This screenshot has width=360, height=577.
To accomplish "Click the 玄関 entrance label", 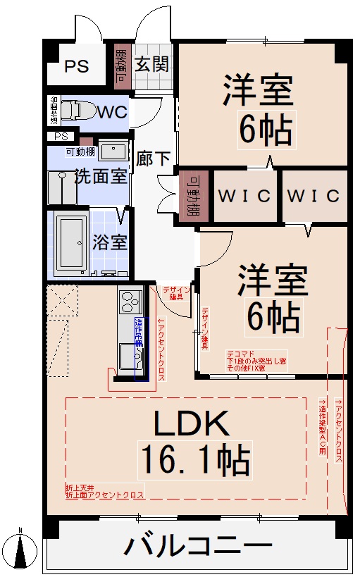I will pos(151,65).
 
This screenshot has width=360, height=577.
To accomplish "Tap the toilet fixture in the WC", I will pos(75,111).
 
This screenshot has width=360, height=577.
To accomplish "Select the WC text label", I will pos(112,112).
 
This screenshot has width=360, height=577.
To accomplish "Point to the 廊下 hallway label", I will pos(154,159).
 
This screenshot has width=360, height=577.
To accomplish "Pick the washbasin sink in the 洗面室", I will pos(113,150).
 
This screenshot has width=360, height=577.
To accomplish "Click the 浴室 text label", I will pos(110,242).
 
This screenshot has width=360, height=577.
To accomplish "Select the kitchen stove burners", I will pos(131,302).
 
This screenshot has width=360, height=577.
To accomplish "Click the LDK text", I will pos(192,424).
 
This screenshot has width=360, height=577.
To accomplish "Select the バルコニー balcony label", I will pos(199,545).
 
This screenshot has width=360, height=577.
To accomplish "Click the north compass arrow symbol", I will pos(21,550).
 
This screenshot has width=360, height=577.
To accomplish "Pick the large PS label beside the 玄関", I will pos(77,67).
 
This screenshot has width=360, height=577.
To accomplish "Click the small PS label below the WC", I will pos(61,136).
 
